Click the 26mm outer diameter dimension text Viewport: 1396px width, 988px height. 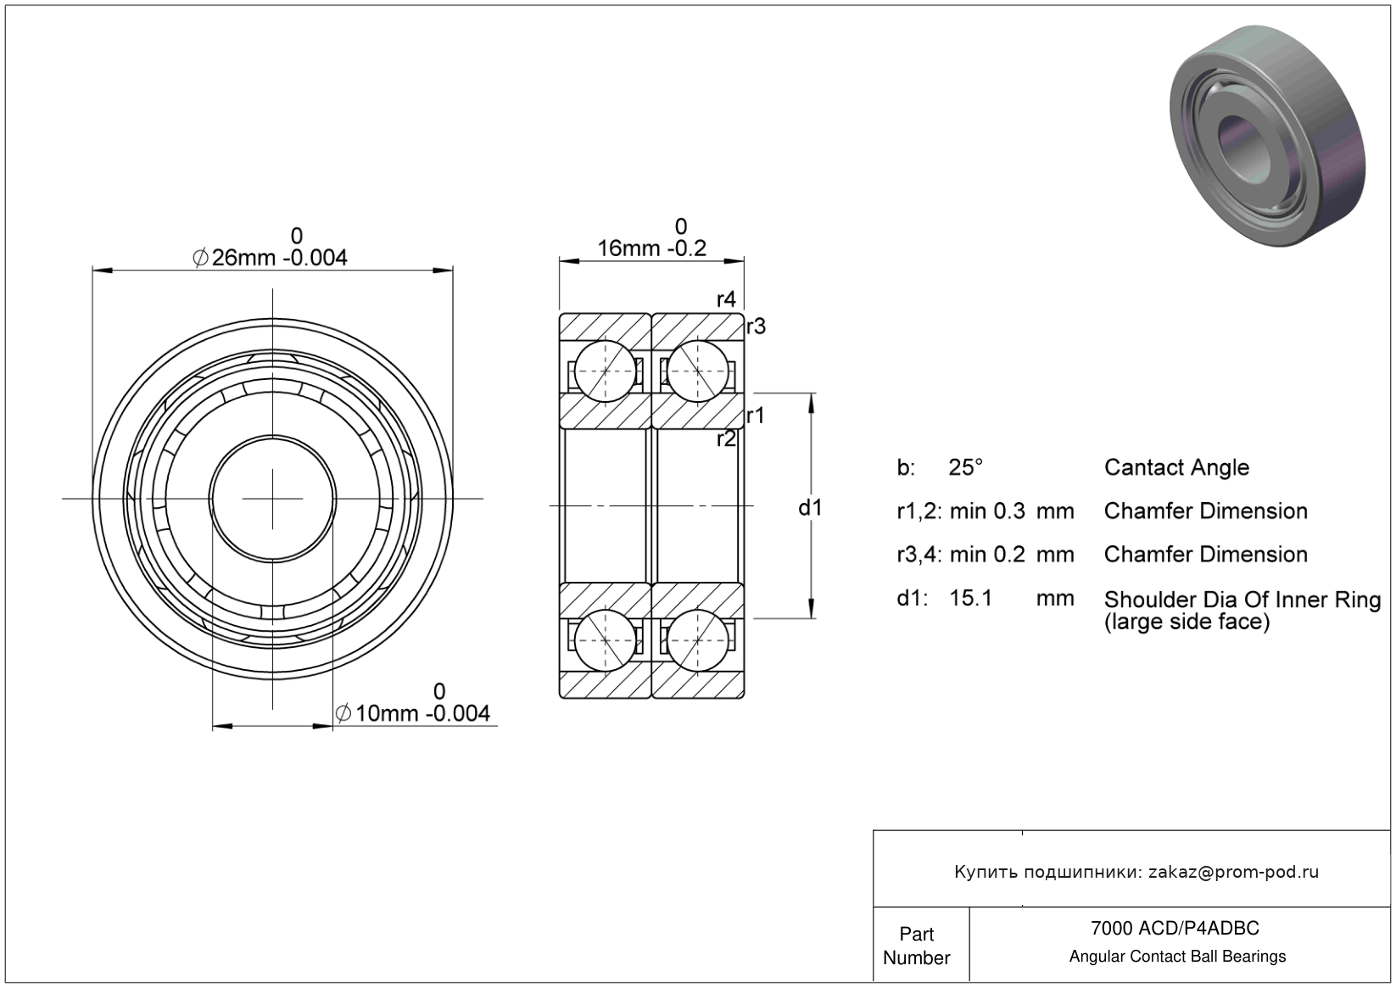pos(270,248)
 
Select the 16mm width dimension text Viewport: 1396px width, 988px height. pos(652,239)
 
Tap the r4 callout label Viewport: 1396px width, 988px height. pos(726,300)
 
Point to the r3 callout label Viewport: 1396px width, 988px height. pos(756,326)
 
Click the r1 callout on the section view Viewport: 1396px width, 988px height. pos(756,416)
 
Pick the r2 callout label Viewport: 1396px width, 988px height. pos(726,438)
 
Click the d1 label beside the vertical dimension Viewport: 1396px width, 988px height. pos(810,508)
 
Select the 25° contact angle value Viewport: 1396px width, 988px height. pos(965,467)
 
